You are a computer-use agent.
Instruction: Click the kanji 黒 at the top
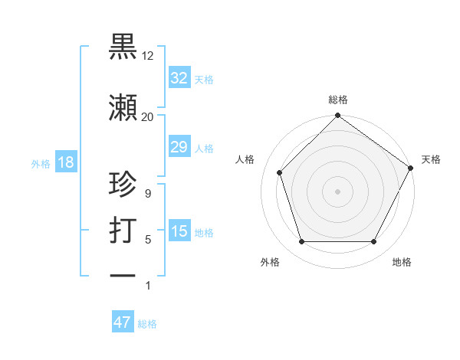point(123,47)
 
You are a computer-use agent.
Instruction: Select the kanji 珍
point(123,185)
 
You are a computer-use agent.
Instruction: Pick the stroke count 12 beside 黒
point(147,56)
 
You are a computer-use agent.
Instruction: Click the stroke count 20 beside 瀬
point(147,116)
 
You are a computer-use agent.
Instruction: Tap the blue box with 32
point(179,78)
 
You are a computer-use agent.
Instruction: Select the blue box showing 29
point(179,147)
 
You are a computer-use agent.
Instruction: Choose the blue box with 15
point(179,231)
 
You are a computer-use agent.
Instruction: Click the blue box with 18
point(65,162)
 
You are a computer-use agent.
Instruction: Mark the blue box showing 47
point(123,322)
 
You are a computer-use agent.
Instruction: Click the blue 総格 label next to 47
point(147,324)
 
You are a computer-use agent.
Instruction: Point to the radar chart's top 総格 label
point(337,100)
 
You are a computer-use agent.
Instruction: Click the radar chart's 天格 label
point(431,159)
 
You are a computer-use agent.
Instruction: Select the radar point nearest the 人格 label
point(280,172)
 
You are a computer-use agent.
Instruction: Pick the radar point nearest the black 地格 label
point(373,242)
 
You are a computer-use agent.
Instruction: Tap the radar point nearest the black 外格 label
point(301,242)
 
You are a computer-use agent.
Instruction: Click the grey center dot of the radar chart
point(337,191)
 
